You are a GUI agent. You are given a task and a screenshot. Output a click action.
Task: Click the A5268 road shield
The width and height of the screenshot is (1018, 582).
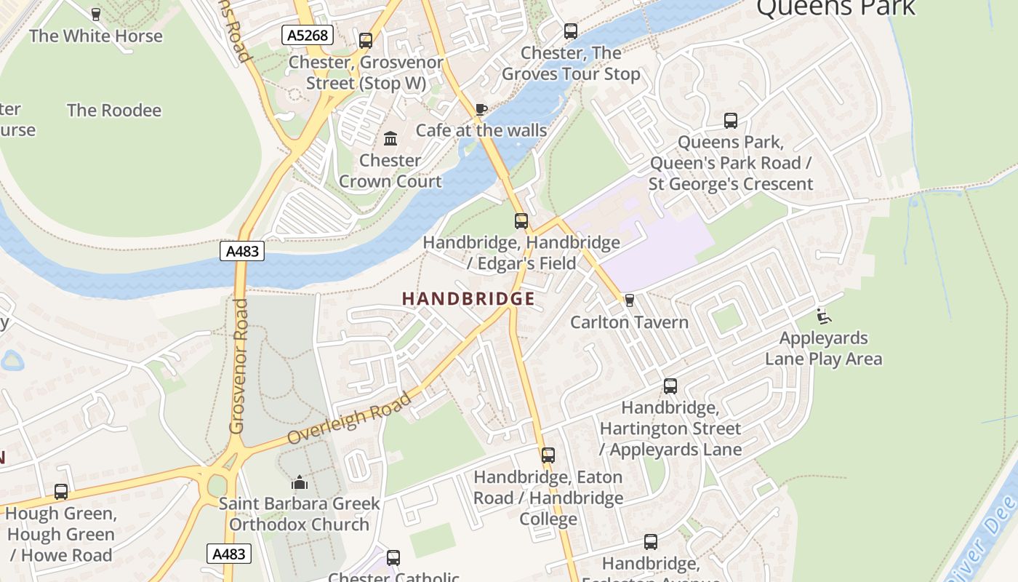point(308,35)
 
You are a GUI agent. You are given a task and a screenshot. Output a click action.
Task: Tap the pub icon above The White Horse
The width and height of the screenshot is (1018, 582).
point(95,14)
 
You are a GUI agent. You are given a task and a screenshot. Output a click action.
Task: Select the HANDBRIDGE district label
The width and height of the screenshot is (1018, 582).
point(468,299)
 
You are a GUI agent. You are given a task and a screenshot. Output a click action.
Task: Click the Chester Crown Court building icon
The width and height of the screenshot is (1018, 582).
point(390,138)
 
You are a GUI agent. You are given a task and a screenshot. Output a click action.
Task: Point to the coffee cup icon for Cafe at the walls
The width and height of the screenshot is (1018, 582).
point(481,109)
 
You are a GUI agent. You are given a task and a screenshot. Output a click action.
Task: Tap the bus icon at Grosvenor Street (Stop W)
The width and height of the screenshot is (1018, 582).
point(366,41)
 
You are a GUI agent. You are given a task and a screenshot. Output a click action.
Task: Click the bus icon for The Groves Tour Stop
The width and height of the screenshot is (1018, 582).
point(571,31)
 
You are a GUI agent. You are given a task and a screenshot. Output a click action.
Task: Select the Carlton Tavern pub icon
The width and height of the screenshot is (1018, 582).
point(630,300)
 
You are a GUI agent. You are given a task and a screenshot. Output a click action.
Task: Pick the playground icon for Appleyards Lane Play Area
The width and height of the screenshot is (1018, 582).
point(824,316)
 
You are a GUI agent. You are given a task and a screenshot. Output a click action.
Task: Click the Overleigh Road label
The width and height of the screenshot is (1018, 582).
point(349,419)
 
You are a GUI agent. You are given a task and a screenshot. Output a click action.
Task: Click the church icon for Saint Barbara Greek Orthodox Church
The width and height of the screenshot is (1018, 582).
point(300,482)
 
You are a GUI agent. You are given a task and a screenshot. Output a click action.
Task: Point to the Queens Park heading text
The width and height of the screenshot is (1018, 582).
point(835,7)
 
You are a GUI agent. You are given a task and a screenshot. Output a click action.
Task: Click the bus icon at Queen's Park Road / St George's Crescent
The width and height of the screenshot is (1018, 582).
point(731,121)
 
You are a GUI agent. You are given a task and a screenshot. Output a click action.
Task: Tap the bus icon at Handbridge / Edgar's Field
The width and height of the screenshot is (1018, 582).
point(521,221)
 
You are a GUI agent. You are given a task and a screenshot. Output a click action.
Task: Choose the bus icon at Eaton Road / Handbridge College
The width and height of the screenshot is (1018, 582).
point(548,456)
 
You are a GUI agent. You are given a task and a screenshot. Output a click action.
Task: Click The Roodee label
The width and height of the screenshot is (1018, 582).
point(114,111)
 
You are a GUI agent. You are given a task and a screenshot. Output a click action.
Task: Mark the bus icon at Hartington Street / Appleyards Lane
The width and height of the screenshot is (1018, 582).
point(670,386)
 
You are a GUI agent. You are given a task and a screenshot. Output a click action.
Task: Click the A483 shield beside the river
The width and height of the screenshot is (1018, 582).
point(242,252)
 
